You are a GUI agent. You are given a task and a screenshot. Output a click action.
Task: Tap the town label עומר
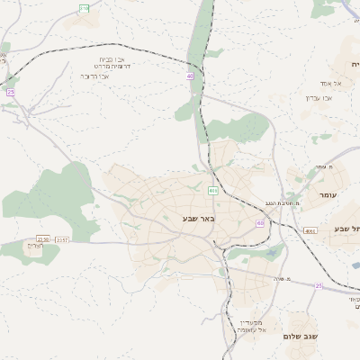click(x=326, y=194)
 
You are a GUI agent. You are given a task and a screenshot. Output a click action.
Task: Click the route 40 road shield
click(x=191, y=76)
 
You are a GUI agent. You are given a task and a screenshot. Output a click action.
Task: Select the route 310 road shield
click(x=84, y=8)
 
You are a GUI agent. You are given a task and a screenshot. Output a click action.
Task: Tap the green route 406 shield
click(x=212, y=191)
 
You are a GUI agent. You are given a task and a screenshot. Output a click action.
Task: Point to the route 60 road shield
click(x=260, y=223)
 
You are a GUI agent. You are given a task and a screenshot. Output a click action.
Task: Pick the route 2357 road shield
click(x=62, y=239)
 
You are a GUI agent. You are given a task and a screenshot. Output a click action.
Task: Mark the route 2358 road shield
click(x=42, y=239)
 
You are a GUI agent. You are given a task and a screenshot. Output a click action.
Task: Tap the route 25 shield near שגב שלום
click(x=319, y=285)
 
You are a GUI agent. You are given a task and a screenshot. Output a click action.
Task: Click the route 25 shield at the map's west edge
click(x=11, y=92)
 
